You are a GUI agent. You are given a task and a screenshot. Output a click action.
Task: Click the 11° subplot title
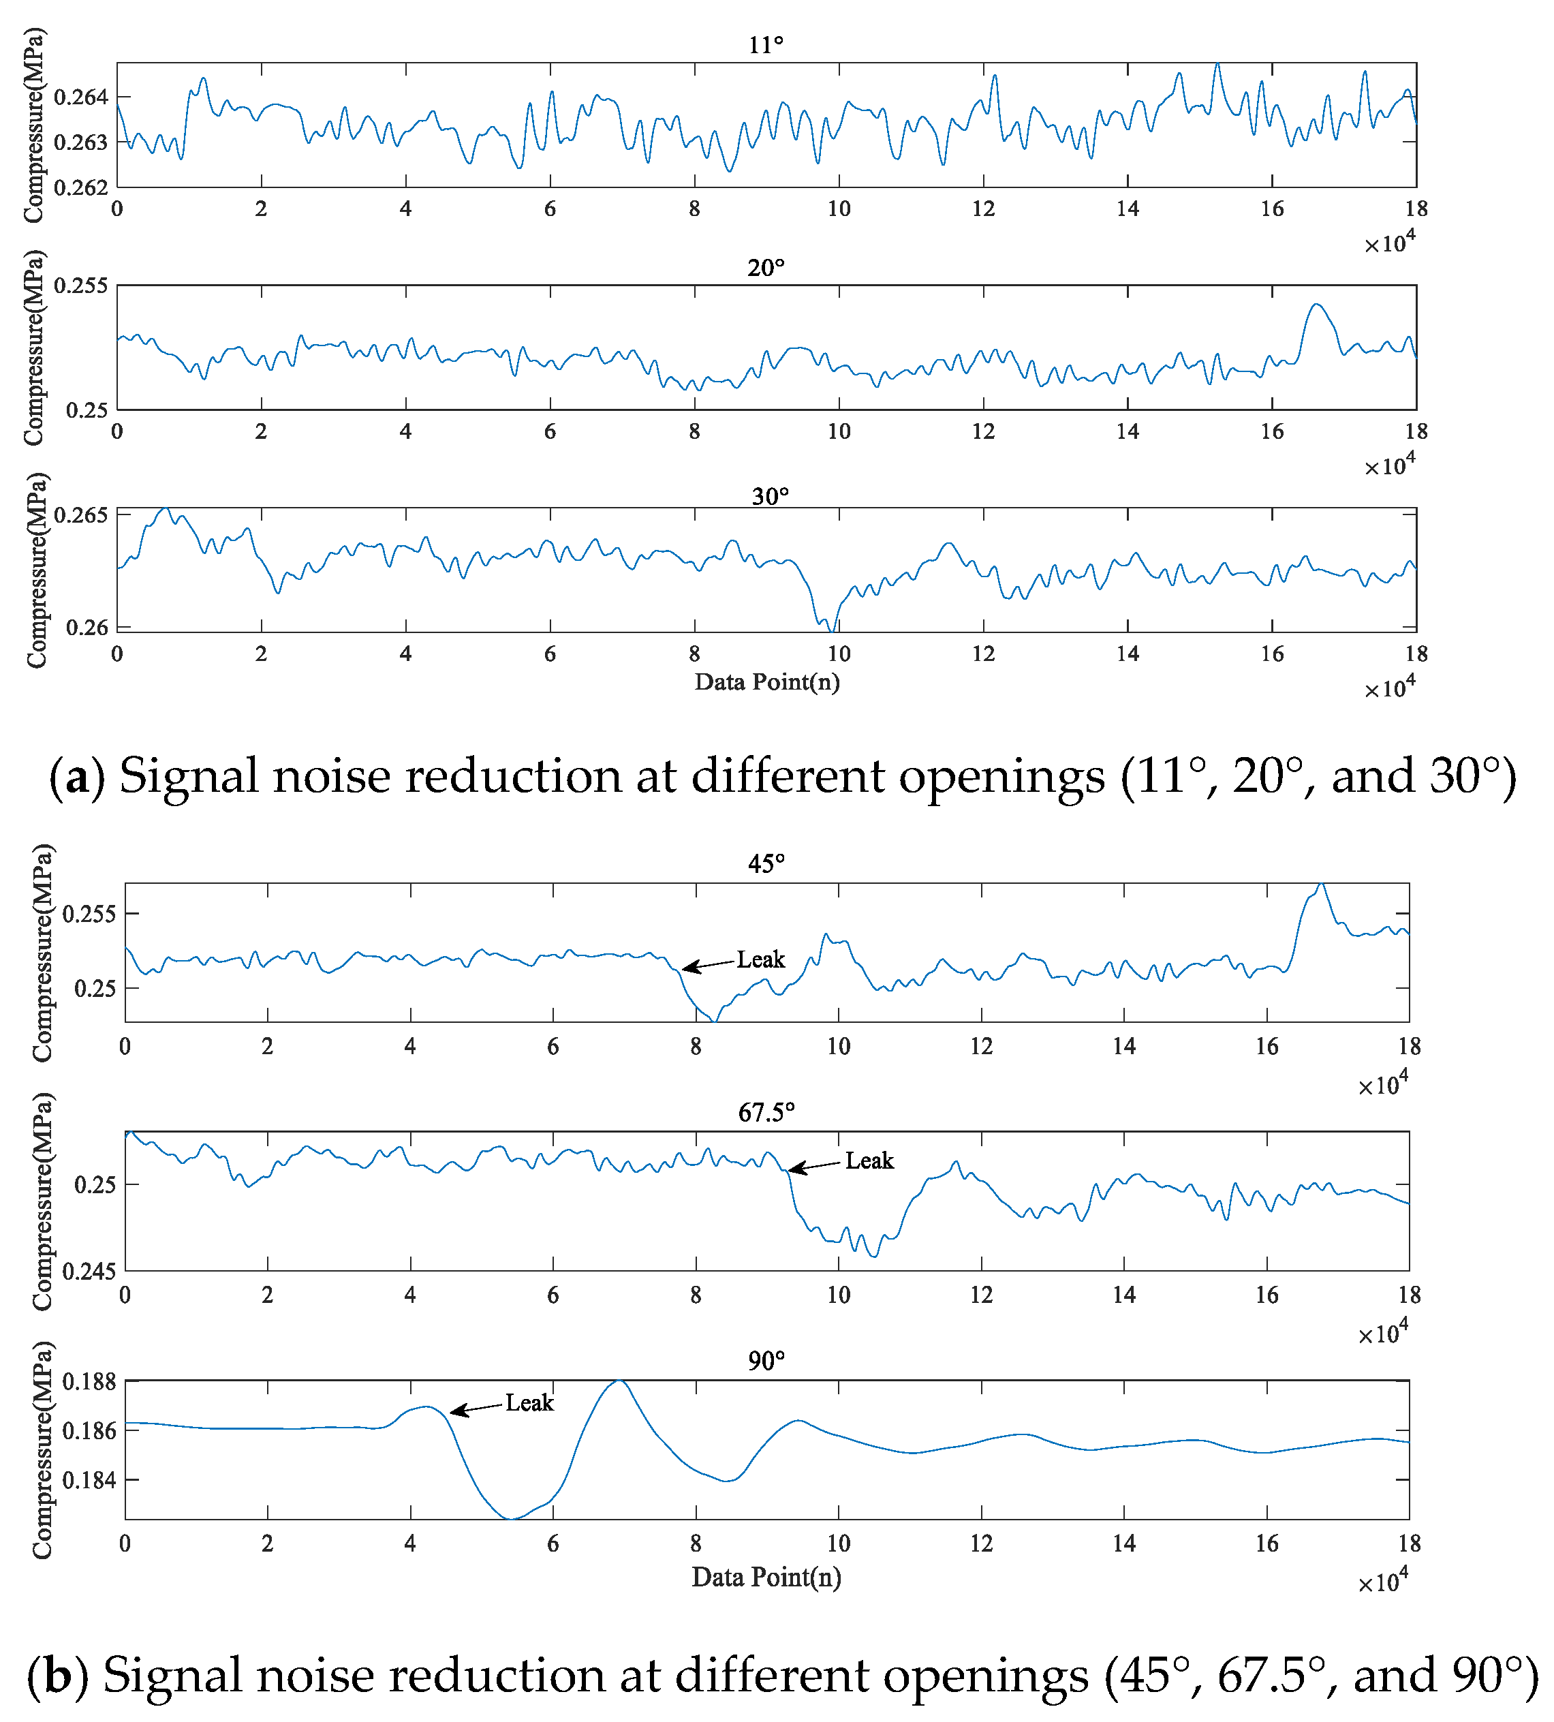pyautogui.click(x=766, y=44)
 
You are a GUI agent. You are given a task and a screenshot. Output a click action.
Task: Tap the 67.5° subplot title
pyautogui.click(x=766, y=1112)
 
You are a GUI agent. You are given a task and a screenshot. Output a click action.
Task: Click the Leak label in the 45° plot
pyautogui.click(x=760, y=959)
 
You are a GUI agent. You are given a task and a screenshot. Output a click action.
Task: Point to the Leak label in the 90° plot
pyautogui.click(x=529, y=1402)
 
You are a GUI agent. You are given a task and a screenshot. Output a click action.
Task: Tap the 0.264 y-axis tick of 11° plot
pyautogui.click(x=81, y=97)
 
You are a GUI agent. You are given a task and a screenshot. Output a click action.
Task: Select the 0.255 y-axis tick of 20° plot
pyautogui.click(x=81, y=286)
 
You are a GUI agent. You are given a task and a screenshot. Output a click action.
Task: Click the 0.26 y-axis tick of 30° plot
pyautogui.click(x=87, y=628)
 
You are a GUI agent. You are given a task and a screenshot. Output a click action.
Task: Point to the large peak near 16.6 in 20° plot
pyautogui.click(x=1316, y=305)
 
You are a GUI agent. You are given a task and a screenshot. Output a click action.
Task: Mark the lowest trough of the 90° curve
pyautogui.click(x=510, y=1518)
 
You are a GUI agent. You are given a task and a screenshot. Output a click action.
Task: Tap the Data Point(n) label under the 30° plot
pyautogui.click(x=766, y=681)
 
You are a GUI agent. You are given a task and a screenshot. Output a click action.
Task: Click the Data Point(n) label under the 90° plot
pyautogui.click(x=766, y=1577)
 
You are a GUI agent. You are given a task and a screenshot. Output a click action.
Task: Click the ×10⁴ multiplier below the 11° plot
pyautogui.click(x=1388, y=243)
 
